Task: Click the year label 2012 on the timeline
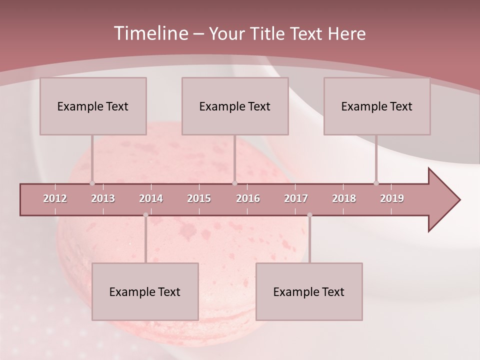(55, 198)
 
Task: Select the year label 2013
(103, 198)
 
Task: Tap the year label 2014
(151, 198)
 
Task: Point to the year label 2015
(199, 198)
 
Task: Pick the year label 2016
(248, 198)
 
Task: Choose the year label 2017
(296, 198)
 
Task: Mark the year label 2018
(344, 198)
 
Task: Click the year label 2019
(392, 198)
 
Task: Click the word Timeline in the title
(150, 33)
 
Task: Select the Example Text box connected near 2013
(93, 106)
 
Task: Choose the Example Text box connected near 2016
(235, 106)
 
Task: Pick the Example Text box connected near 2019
(377, 106)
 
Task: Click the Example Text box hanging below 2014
(145, 291)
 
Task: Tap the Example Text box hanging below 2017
(309, 291)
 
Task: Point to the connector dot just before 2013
(92, 183)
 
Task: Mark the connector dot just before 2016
(234, 183)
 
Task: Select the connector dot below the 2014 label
(145, 215)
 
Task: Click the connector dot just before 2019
(376, 183)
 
